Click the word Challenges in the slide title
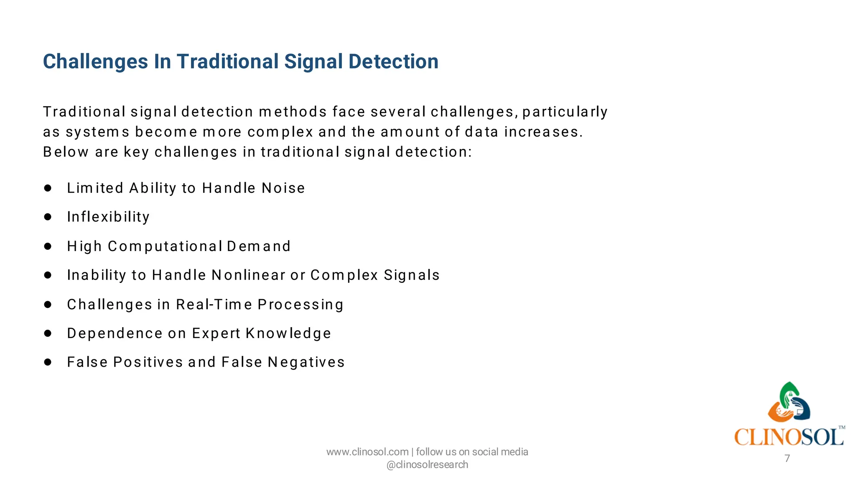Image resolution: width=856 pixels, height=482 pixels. (96, 62)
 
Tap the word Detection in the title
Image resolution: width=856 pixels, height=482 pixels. (393, 62)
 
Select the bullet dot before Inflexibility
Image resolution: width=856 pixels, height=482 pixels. (48, 217)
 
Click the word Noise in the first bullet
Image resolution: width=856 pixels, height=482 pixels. (283, 188)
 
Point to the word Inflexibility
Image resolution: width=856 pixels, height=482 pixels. (108, 217)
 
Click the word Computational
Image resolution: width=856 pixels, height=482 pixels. (165, 246)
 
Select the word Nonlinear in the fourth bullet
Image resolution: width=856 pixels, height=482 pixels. (248, 275)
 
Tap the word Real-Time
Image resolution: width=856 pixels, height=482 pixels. (214, 304)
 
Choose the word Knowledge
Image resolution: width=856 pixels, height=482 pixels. (288, 333)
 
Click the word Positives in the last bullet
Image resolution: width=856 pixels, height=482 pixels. (148, 362)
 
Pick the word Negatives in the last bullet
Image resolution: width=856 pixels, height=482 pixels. (306, 362)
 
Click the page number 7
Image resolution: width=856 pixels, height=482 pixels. (787, 459)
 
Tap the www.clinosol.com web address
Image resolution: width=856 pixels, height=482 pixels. (367, 452)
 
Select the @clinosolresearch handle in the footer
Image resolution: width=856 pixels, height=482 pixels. (427, 465)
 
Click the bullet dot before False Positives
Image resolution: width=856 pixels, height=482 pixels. (48, 362)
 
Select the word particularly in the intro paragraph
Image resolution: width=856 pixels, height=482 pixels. (565, 112)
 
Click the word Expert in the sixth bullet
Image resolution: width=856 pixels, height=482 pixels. (216, 333)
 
